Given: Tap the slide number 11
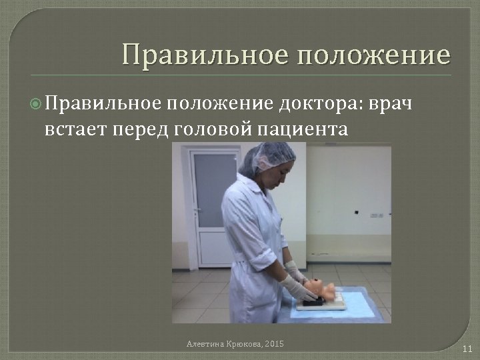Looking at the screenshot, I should tap(467, 348).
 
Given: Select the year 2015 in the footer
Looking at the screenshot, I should tap(274, 343).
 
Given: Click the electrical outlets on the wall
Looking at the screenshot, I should tap(377, 216).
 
